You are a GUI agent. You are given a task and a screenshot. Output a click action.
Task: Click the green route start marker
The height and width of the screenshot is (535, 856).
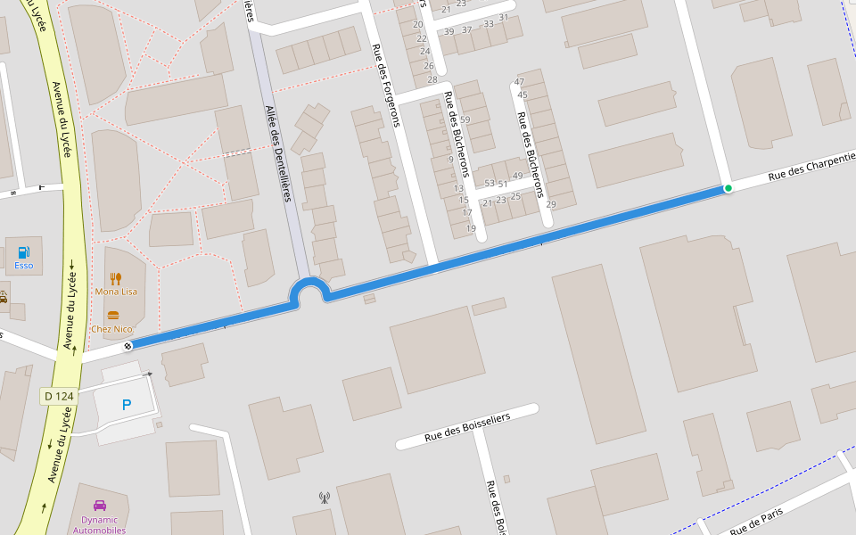pos(728,188)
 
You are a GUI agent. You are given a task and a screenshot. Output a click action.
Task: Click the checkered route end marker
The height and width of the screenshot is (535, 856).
pos(128,346)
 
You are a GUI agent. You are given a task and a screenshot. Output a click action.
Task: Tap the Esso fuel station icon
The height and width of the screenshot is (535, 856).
pos(24,252)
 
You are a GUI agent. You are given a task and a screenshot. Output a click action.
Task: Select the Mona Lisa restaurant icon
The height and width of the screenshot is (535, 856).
pos(116,279)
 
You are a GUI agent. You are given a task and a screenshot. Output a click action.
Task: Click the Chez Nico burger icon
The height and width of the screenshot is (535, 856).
pos(113,315)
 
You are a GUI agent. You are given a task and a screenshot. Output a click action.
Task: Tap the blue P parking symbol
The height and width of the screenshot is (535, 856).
pos(126,405)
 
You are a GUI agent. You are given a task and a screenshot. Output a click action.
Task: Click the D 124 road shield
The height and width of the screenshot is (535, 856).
pos(59,396)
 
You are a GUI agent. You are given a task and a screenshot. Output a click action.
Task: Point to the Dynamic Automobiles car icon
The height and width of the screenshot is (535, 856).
pos(100,506)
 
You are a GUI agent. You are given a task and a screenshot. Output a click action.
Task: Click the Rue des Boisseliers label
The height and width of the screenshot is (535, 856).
pos(466,426)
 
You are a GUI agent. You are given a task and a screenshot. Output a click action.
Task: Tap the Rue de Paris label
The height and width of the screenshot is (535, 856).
pos(756,522)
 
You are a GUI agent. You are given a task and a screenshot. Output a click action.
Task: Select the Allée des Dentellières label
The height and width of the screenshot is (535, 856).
pos(278,153)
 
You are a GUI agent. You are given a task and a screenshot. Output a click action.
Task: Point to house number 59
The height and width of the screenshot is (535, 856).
pos(465,119)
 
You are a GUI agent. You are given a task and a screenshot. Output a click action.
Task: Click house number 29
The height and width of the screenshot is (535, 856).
pos(550,204)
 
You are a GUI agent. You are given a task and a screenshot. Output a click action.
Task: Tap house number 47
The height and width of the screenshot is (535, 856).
pos(520,82)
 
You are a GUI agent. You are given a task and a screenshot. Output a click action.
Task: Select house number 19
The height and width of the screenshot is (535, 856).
pos(470,228)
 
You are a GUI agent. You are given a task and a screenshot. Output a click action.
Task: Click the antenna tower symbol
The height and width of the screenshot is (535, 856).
pos(324,498)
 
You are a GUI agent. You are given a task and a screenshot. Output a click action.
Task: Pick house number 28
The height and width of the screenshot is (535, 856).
pos(432,79)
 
